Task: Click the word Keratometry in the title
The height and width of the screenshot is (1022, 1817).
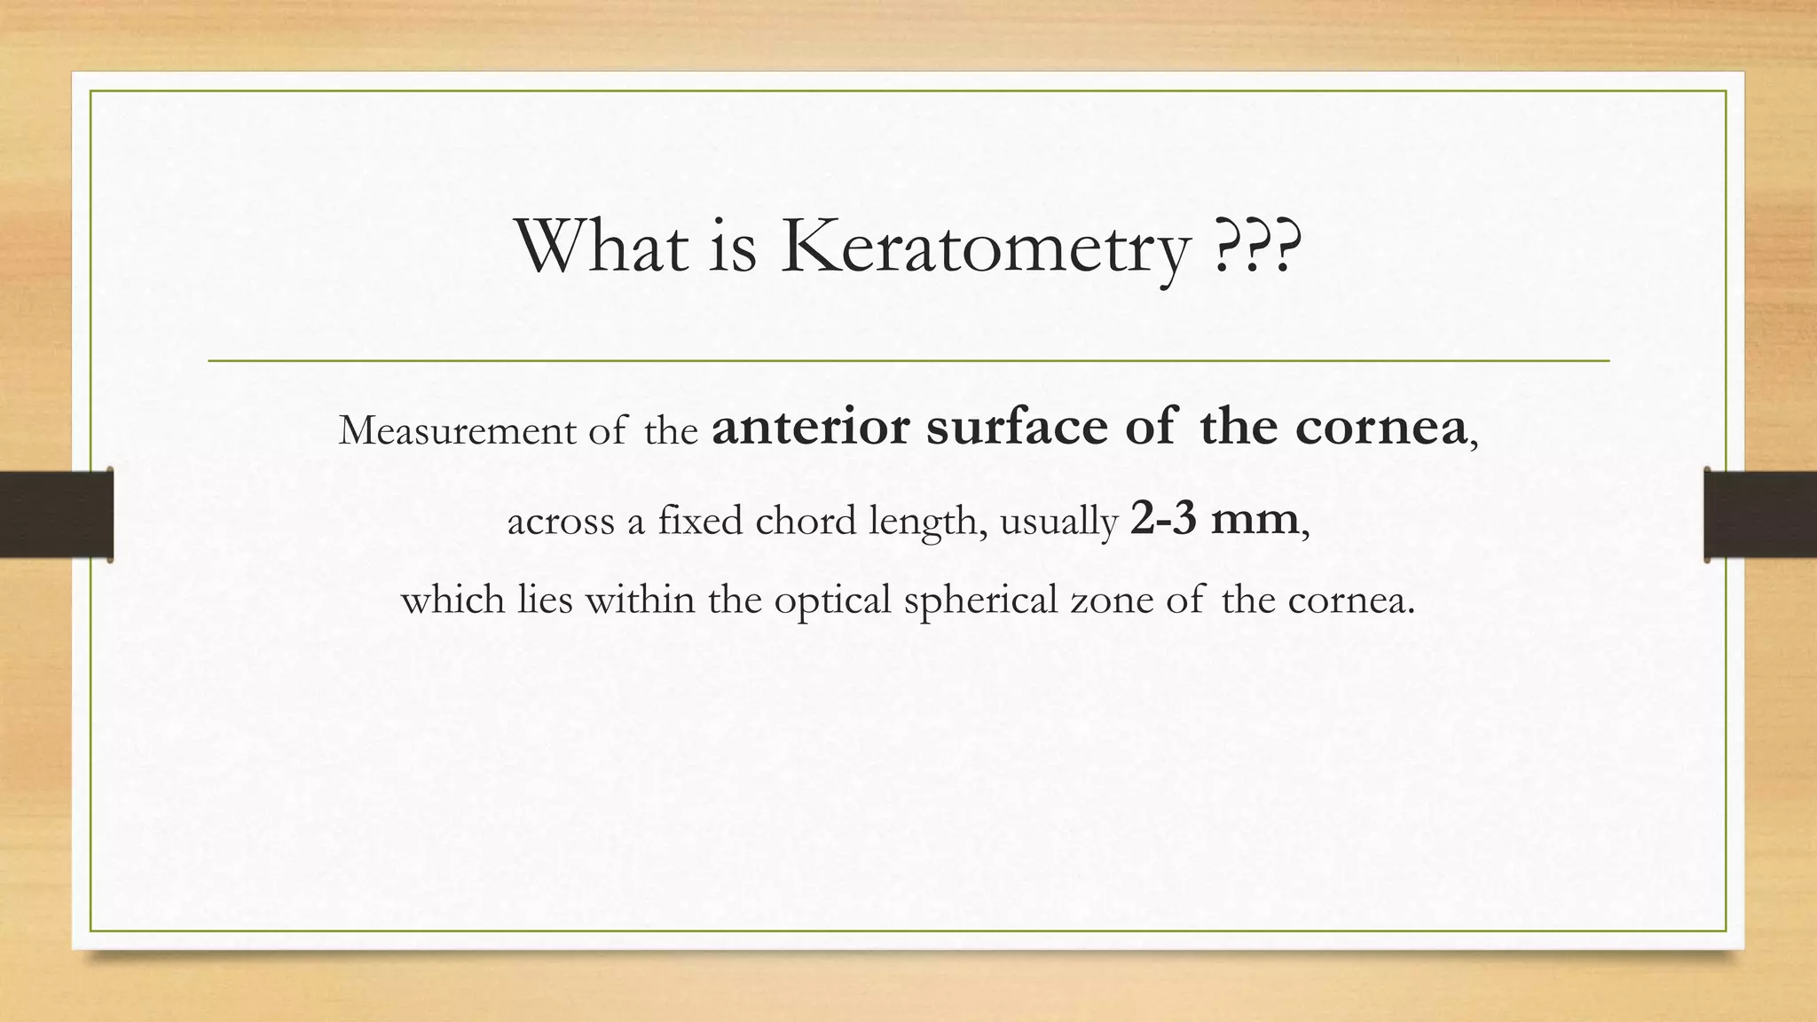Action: [x=985, y=248]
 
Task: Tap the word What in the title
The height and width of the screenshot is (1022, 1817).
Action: [x=602, y=246]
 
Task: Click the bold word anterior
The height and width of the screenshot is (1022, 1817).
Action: [x=811, y=427]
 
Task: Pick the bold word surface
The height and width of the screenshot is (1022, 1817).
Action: [x=1017, y=427]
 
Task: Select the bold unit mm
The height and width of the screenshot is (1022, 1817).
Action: [x=1255, y=520]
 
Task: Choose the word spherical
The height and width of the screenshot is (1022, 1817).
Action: [x=980, y=601]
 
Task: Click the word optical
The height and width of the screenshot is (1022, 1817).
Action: [x=832, y=601]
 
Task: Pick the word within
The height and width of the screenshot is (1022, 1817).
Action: [x=640, y=600]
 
